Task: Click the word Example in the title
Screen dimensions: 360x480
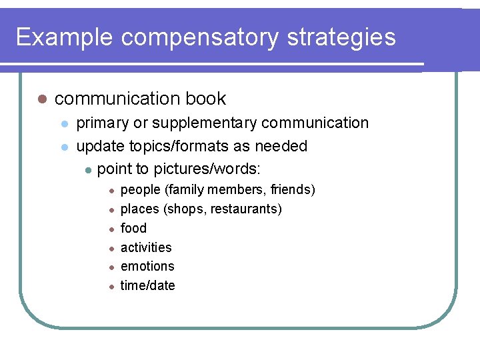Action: pyautogui.click(x=65, y=37)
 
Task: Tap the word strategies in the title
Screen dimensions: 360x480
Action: pyautogui.click(x=341, y=37)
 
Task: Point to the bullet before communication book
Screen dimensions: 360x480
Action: pyautogui.click(x=41, y=99)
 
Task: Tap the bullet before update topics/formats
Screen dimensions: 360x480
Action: pyautogui.click(x=64, y=147)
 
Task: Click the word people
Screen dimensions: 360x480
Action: pyautogui.click(x=140, y=190)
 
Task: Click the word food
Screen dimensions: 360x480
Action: pyautogui.click(x=133, y=228)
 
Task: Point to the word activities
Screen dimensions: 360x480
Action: pyautogui.click(x=146, y=247)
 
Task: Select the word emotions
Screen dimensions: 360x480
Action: pyautogui.click(x=147, y=266)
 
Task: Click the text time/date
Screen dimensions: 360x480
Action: pyautogui.click(x=148, y=285)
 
